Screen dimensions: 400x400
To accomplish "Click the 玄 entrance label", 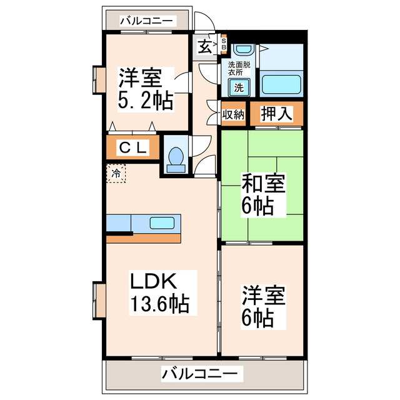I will click(205, 46).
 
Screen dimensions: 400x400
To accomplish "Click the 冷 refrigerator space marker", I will click(116, 172).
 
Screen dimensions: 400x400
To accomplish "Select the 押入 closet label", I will click(276, 114).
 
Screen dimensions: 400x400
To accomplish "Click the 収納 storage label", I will click(233, 115).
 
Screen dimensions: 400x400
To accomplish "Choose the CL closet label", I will click(133, 148).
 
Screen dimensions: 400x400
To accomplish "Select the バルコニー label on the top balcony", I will click(146, 21).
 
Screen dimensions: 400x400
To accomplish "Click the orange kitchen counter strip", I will click(144, 238).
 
